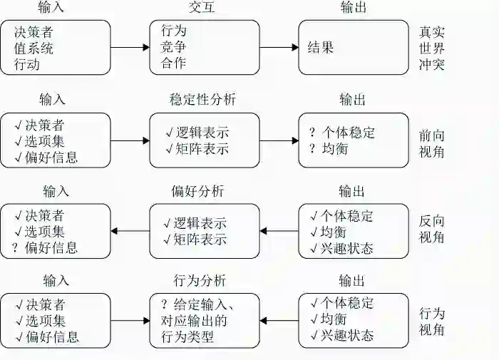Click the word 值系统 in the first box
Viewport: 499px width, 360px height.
[x=34, y=48]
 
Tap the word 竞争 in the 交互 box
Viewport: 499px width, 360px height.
[x=173, y=48]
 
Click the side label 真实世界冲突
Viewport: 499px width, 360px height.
[x=432, y=48]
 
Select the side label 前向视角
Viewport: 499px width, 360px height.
[x=432, y=140]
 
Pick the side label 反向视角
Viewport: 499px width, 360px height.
[x=432, y=230]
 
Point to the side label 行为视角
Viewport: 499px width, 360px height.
[x=432, y=322]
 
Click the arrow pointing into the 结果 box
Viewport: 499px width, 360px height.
[x=278, y=48]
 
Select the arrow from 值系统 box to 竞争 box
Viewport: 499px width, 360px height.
[x=130, y=48]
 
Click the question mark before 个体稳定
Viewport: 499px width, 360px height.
[x=312, y=133]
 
